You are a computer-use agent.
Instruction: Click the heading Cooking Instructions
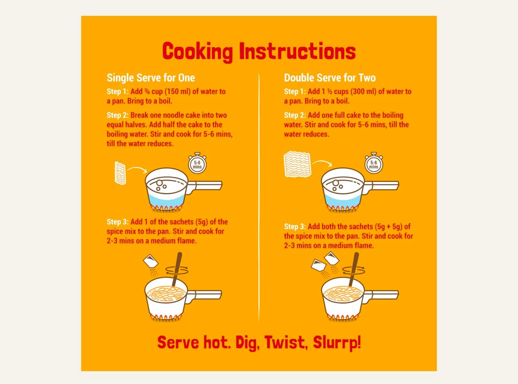259,52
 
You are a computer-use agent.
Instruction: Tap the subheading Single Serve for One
151,78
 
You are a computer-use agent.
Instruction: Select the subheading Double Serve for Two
330,78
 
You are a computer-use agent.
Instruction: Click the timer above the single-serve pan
197,163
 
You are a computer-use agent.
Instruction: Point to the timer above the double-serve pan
374,163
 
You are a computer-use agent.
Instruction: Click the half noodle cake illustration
120,173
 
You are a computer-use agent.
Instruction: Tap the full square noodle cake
297,164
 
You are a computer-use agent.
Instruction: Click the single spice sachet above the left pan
151,260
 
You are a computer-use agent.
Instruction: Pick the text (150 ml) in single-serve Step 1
178,91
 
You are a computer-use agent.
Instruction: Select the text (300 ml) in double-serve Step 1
363,91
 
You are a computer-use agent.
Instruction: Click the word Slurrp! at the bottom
337,342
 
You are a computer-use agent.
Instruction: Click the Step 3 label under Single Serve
118,222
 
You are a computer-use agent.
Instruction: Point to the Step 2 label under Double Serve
295,115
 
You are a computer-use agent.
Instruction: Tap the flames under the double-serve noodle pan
342,318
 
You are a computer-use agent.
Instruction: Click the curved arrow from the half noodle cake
137,169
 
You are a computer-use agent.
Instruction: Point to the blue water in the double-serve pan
342,200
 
